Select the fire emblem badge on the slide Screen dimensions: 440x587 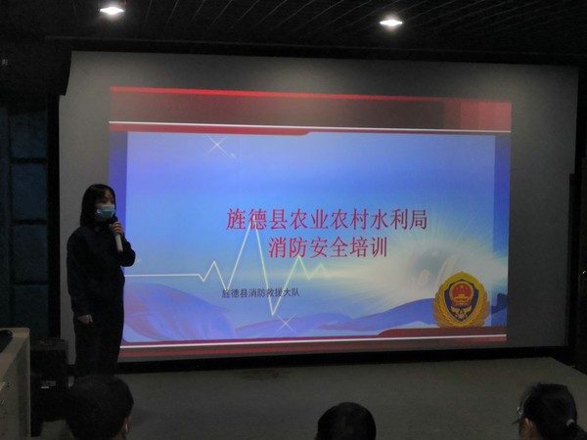461,299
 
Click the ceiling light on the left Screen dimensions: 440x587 113,10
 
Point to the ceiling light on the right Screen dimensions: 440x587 391,22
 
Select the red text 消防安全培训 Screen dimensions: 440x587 327,247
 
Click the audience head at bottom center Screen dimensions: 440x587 345,422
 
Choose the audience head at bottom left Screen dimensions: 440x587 98,409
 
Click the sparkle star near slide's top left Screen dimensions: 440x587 218,147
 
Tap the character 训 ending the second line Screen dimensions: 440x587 377,247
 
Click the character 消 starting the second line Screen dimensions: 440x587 277,247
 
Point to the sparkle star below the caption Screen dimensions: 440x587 285,322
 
